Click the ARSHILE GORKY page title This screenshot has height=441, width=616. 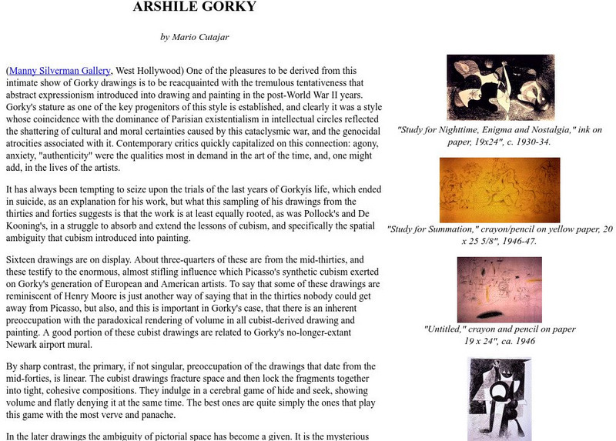tap(194, 8)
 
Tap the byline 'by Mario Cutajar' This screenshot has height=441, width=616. tap(194, 36)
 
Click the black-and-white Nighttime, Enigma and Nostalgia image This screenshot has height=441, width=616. tap(500, 87)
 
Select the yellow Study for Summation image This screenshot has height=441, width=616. tap(500, 189)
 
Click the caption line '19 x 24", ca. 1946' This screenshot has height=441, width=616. tap(500, 340)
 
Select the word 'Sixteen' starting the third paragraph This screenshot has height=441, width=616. tap(22, 260)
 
